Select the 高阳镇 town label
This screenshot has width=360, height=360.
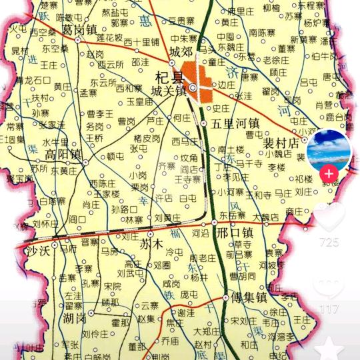click(63, 155)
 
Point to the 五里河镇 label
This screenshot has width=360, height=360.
click(235, 123)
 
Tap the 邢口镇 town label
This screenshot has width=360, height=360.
click(235, 233)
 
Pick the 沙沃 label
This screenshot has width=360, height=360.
click(39, 250)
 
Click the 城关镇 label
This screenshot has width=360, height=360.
click(167, 90)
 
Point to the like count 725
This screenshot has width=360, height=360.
click(329, 241)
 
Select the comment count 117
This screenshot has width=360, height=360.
click(328, 309)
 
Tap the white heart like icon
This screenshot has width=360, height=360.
click(329, 216)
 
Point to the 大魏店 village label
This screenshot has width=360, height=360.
click(265, 217)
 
